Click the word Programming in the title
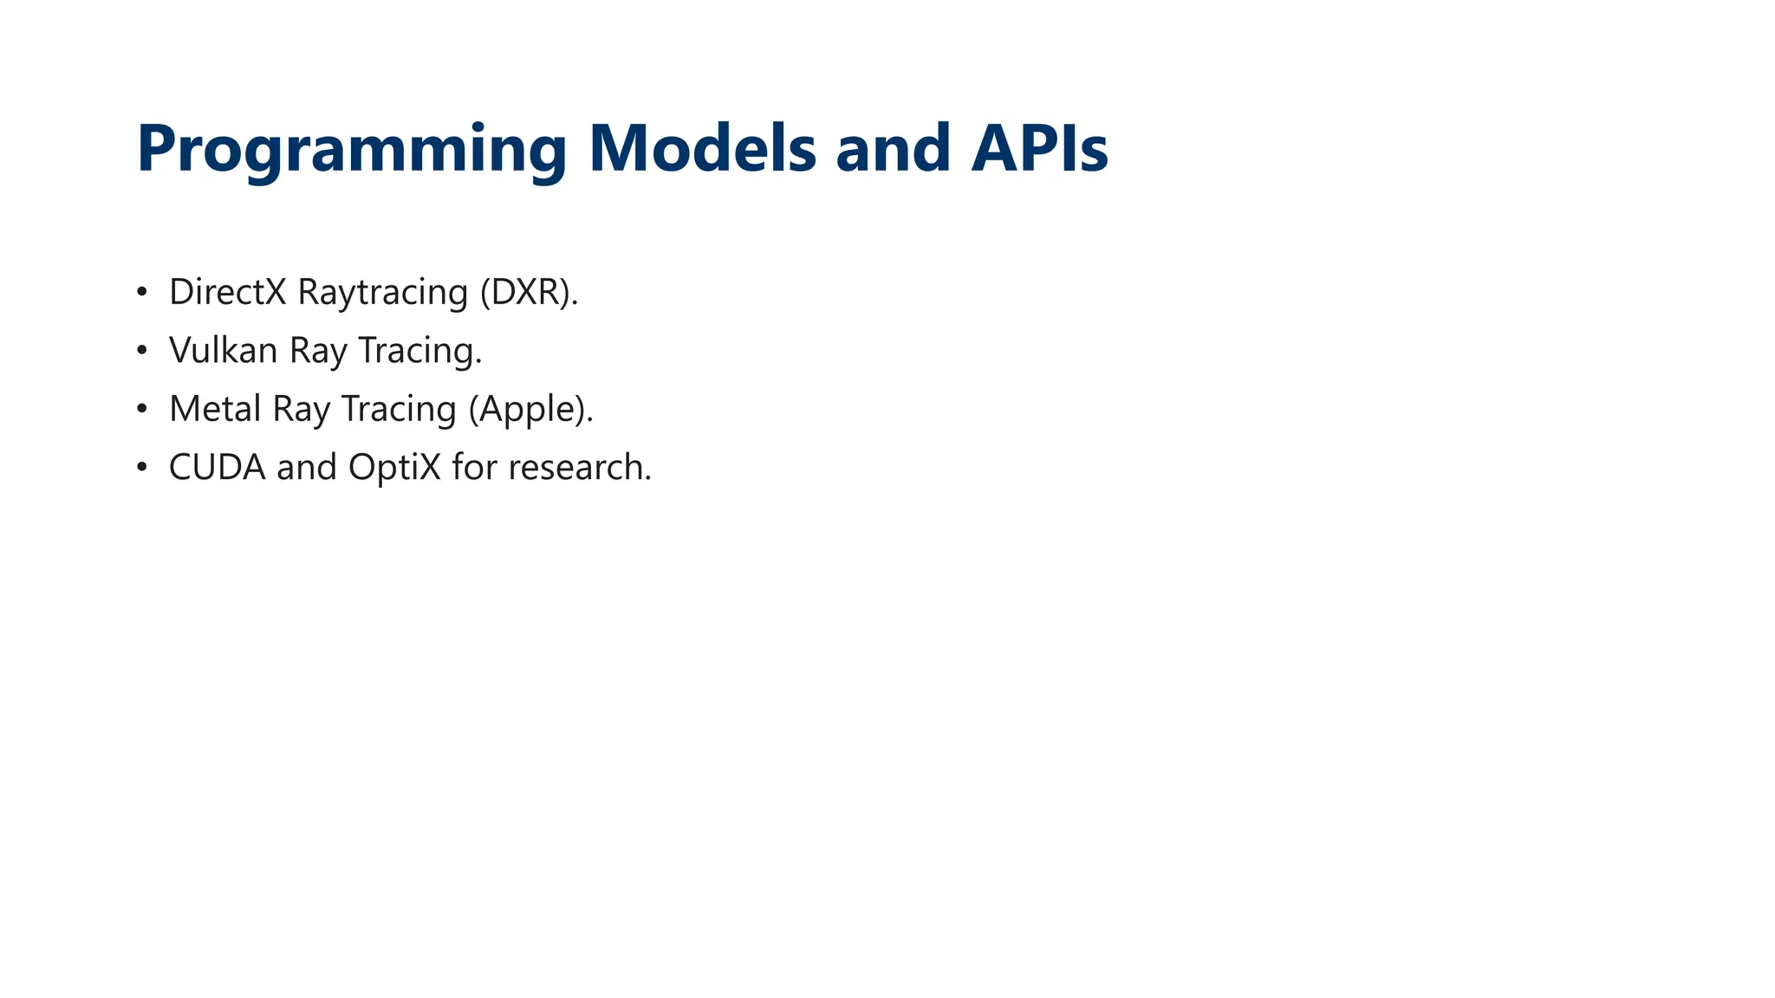point(351,149)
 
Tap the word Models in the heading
point(702,149)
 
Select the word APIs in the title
point(1039,149)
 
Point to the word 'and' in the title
point(893,149)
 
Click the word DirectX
point(227,292)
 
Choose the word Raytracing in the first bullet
point(382,293)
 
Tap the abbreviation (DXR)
point(528,293)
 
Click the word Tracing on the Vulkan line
point(419,351)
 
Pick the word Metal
point(215,409)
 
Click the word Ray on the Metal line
point(301,410)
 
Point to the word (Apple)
point(530,410)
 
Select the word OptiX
point(394,468)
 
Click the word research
point(579,468)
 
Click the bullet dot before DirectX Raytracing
point(142,293)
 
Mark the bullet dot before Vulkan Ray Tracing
point(142,351)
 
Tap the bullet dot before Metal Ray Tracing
point(142,409)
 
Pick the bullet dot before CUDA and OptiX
point(142,468)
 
